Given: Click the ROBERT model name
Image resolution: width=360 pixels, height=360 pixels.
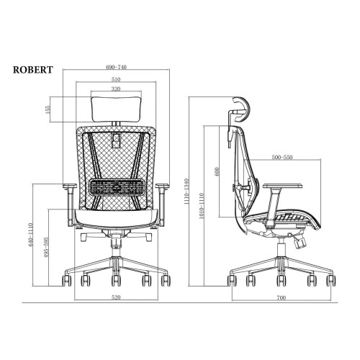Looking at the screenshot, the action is (33, 70).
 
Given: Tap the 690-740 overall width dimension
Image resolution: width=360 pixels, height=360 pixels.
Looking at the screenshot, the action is (116, 67).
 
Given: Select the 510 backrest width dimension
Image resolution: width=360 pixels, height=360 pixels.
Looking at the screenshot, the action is (116, 79).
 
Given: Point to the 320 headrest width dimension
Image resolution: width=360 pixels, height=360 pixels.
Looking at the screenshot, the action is (116, 89).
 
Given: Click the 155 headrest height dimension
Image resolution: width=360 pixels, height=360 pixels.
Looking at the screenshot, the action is (48, 109).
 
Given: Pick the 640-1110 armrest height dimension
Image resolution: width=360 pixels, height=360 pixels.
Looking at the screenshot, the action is (30, 235).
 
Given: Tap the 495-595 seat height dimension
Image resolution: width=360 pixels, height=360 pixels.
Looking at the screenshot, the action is (46, 248).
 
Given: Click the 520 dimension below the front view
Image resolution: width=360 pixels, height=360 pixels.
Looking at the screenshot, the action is (116, 297).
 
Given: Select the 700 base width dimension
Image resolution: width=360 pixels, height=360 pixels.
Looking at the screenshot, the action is (282, 298).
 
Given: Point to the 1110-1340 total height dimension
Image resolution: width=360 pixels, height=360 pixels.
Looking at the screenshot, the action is (187, 192).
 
